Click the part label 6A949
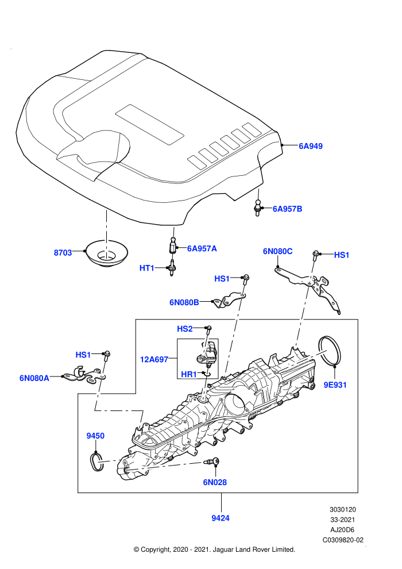click(x=310, y=146)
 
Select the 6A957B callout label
click(x=287, y=209)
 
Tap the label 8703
click(x=63, y=252)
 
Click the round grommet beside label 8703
click(x=106, y=253)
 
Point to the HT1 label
click(x=147, y=268)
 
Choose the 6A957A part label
click(x=202, y=248)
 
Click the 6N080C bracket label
click(x=277, y=252)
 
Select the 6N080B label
click(x=184, y=302)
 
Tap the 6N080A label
click(x=34, y=378)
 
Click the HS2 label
click(x=184, y=329)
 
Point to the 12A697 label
click(x=154, y=360)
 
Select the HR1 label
click(x=188, y=374)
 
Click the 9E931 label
click(x=335, y=385)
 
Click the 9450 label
click(x=95, y=436)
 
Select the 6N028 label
click(x=215, y=482)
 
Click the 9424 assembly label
click(x=221, y=518)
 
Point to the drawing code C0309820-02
click(x=343, y=540)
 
